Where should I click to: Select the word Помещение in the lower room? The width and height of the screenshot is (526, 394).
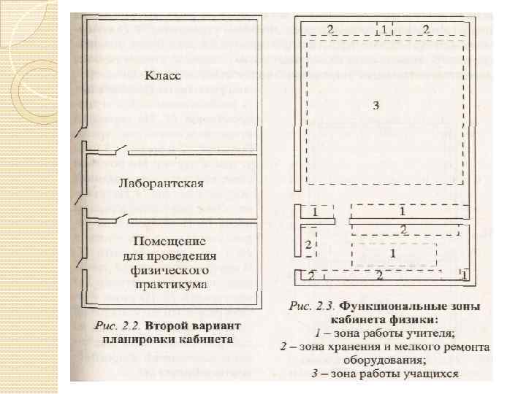169,241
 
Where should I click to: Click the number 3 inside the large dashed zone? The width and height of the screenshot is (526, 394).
376,105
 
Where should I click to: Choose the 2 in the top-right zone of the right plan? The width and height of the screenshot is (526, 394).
426,29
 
